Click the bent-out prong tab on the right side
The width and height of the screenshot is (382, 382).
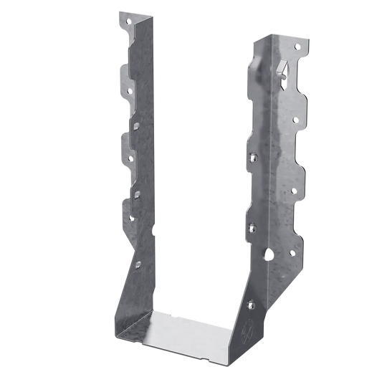coord(282,67)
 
